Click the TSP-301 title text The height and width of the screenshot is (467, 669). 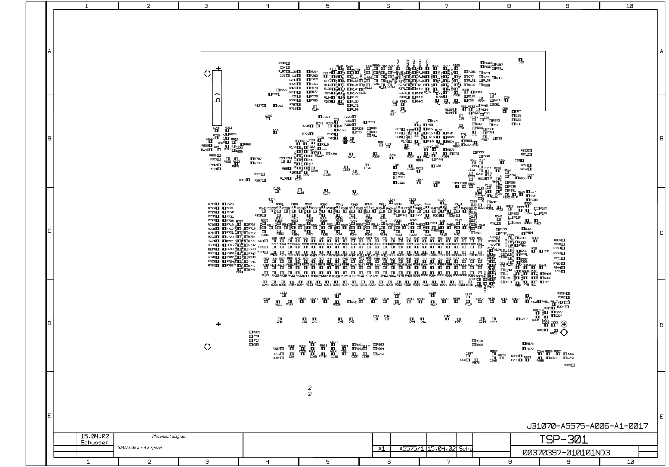tap(563, 440)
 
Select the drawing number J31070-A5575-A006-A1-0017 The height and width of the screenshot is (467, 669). tap(587, 426)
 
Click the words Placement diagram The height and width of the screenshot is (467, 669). tap(169, 436)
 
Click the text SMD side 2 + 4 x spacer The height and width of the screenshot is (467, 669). tap(140, 447)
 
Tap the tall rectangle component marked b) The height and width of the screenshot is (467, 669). tap(217, 98)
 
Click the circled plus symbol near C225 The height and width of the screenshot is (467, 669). tap(564, 324)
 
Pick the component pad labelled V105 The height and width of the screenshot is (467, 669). tap(537, 209)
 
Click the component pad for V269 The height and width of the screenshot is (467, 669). tap(510, 223)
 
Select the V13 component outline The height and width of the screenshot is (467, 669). tap(567, 302)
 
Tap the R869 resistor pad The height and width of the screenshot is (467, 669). tap(573, 365)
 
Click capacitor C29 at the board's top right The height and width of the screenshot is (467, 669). tap(521, 60)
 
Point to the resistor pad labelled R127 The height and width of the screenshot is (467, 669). tap(264, 106)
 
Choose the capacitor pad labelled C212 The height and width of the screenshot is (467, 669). tap(518, 319)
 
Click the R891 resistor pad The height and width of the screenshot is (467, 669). tap(248, 180)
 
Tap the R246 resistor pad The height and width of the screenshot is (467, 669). tap(288, 63)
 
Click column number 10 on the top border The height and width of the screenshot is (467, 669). tap(629, 6)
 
